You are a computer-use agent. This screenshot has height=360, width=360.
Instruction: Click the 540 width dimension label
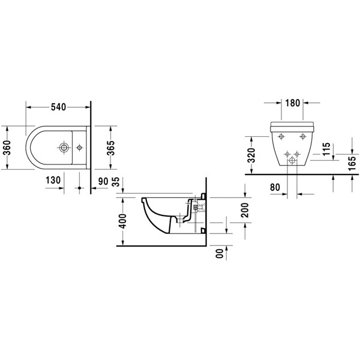pos(58,107)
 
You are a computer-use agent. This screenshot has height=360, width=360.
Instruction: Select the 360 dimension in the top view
pos(7,148)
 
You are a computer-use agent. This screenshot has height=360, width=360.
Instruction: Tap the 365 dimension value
pos(110,148)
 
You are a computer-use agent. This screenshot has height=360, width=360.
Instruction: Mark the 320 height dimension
pos(252,155)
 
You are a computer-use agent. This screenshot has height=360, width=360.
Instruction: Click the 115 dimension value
pos(324,150)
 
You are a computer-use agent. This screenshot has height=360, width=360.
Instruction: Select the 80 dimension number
pos(275,187)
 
